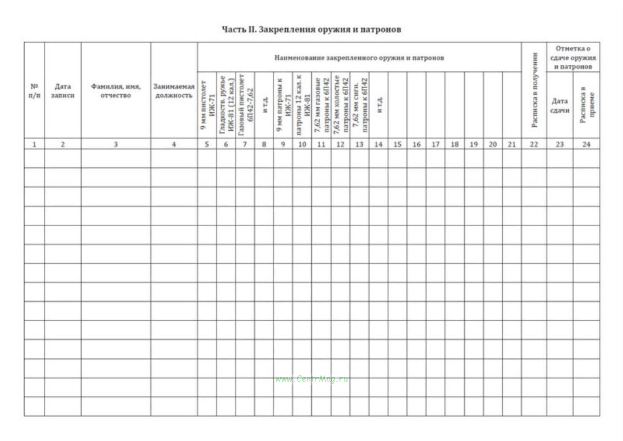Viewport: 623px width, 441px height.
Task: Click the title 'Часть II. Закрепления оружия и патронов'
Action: point(311,29)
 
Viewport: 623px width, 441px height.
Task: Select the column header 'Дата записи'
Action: point(62,91)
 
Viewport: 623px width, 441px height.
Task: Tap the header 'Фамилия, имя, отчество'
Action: point(116,91)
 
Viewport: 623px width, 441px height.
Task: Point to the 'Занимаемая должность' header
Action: point(174,91)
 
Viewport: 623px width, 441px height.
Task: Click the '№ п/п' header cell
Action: point(34,91)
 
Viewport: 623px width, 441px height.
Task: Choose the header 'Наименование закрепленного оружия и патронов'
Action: point(359,58)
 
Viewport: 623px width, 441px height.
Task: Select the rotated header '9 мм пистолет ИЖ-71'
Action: point(207,105)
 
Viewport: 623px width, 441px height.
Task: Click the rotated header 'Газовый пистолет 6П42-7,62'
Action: point(245,104)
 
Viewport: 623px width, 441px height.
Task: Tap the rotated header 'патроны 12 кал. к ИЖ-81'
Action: point(302,104)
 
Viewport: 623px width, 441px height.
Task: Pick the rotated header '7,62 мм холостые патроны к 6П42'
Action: point(340,104)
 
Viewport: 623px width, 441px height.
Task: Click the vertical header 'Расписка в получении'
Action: point(534,90)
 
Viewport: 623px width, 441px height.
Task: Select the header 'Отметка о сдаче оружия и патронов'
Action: point(573,58)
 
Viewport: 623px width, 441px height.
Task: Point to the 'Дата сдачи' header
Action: point(559,106)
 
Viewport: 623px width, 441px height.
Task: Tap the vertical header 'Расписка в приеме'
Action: point(586,105)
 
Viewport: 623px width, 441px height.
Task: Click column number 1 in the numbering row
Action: point(34,144)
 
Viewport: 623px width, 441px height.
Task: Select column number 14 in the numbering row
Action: point(378,144)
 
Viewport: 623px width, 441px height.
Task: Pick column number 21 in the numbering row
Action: point(512,144)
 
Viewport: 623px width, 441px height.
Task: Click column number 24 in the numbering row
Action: point(586,144)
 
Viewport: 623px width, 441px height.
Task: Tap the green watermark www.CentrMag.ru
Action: point(311,379)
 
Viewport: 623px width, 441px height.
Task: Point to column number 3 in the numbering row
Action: point(116,144)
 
